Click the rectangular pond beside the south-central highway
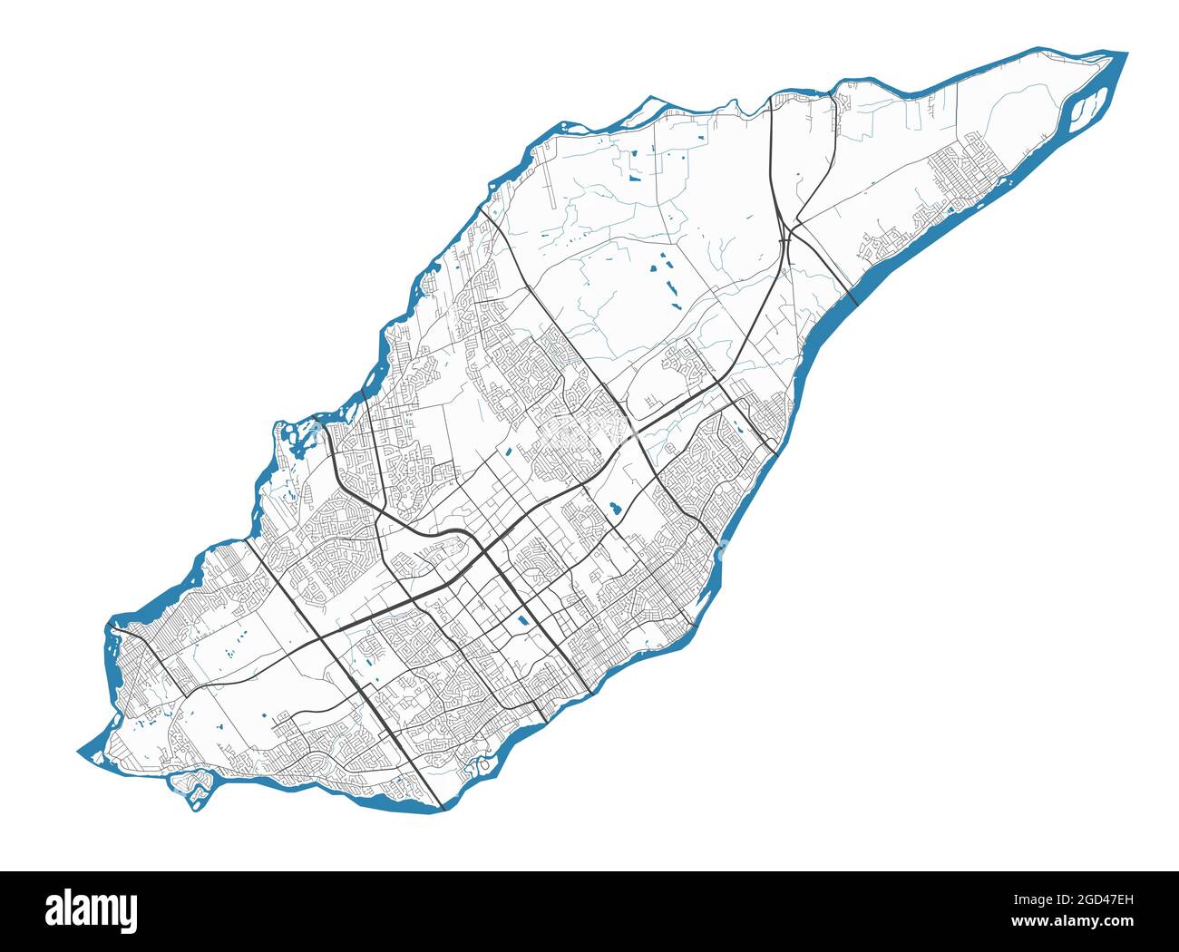521,622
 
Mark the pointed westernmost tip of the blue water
79,752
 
